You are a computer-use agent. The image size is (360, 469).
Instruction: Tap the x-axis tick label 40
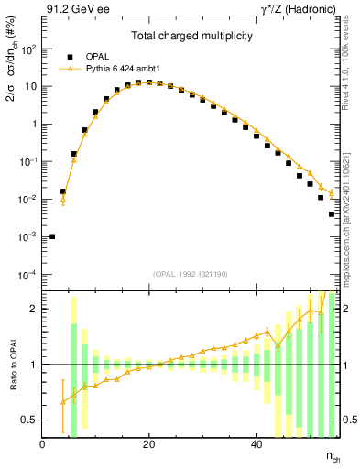(256, 444)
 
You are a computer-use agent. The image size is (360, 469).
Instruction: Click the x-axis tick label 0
(42, 444)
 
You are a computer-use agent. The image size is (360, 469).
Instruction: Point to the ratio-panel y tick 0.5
(29, 420)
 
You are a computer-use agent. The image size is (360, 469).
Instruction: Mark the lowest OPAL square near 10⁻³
(52, 236)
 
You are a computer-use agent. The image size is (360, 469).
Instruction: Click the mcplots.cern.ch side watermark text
(350, 238)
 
